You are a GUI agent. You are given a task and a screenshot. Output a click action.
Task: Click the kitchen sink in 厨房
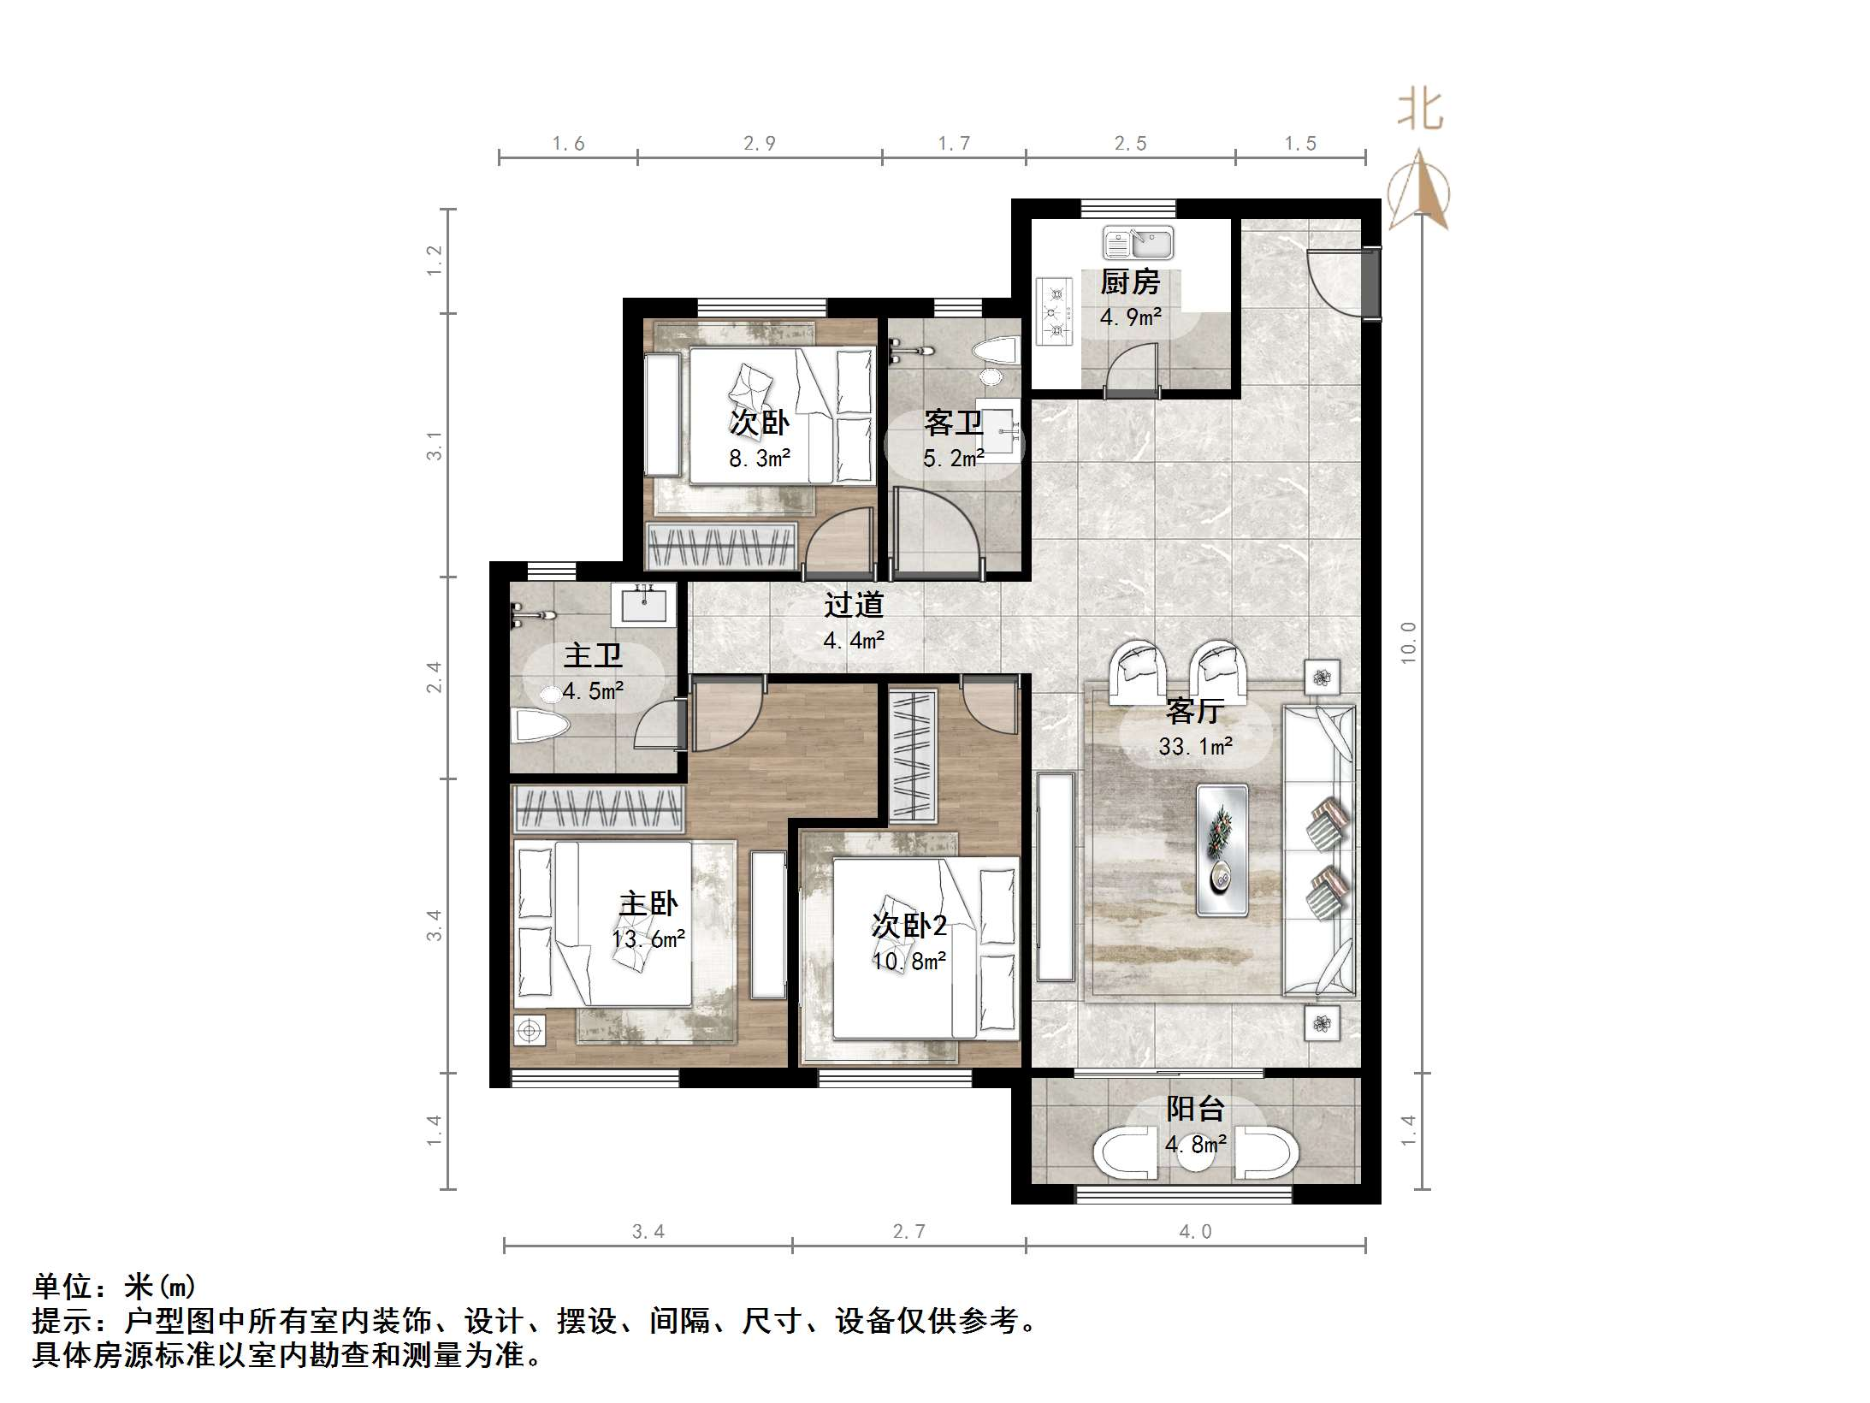[1138, 243]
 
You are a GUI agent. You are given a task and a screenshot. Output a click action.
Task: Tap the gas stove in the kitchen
[1056, 311]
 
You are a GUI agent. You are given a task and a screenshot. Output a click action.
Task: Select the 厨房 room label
[1129, 281]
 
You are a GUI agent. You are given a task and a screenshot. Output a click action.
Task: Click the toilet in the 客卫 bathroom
[995, 352]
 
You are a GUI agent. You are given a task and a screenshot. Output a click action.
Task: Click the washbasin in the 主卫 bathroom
[643, 605]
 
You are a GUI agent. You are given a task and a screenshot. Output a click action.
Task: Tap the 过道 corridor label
[853, 606]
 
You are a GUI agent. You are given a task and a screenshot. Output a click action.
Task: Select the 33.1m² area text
[1195, 747]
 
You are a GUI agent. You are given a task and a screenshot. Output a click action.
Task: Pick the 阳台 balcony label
[1195, 1110]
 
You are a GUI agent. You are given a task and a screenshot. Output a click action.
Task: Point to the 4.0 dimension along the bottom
[1195, 1232]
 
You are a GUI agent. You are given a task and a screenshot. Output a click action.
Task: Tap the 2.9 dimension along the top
[759, 144]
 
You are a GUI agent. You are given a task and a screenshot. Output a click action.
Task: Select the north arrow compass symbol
[1418, 192]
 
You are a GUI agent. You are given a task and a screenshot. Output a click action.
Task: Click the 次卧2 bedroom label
[908, 926]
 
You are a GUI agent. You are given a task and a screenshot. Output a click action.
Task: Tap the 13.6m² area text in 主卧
[648, 939]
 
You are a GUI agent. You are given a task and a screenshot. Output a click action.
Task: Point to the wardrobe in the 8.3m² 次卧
[720, 545]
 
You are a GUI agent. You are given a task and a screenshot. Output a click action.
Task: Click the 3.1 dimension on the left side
[435, 446]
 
